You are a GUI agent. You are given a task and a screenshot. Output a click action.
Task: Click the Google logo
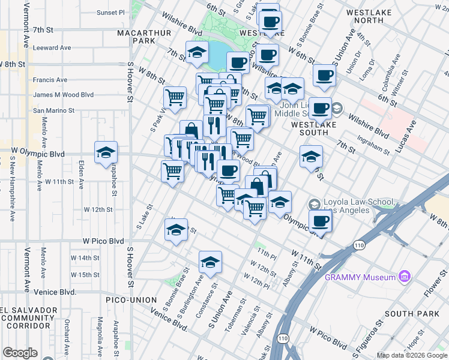20,353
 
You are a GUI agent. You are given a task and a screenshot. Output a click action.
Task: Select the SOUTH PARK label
408,314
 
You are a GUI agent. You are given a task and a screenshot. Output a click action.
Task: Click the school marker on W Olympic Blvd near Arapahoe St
106,154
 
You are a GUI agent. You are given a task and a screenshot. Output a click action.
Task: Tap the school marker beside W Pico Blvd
175,230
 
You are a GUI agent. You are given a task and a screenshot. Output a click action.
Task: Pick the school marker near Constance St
210,262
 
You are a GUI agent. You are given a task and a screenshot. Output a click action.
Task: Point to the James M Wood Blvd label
64,95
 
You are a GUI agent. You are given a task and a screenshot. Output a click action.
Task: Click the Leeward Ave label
52,47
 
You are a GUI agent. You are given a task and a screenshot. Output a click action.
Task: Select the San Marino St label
53,110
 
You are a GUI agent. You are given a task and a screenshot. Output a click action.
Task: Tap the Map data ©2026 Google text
412,355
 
